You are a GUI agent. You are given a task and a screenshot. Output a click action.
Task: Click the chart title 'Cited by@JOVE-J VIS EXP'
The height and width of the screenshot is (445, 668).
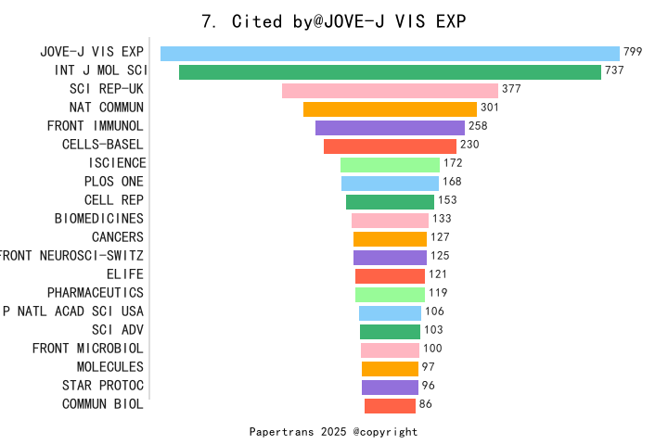click(334, 20)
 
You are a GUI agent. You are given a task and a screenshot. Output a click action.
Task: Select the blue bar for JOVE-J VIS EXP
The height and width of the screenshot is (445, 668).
click(390, 53)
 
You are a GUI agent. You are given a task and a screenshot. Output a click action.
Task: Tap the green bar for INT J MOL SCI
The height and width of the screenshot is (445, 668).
click(390, 71)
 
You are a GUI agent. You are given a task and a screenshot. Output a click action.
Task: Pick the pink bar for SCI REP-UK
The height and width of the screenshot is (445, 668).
click(390, 90)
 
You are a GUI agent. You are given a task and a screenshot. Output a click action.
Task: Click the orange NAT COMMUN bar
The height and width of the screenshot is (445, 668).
click(390, 108)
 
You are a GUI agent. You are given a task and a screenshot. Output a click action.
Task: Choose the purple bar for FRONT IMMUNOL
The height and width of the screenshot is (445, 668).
click(390, 127)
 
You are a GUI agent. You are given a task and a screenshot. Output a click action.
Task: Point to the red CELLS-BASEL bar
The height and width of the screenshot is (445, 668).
click(390, 146)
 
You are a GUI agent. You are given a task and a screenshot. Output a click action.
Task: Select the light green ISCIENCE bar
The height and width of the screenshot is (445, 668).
click(390, 164)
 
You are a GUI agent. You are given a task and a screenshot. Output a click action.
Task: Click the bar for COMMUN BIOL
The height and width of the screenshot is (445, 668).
click(390, 405)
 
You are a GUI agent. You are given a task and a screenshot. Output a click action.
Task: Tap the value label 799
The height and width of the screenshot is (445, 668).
click(633, 53)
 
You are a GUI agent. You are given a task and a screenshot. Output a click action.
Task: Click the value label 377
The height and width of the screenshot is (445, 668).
click(511, 90)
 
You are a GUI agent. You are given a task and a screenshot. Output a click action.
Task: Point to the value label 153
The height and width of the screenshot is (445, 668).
click(447, 200)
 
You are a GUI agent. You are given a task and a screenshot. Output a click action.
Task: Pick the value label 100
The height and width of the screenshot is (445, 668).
click(432, 349)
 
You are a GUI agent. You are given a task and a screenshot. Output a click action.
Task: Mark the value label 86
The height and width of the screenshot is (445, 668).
click(426, 404)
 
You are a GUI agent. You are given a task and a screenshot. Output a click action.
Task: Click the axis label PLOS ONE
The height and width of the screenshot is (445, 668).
click(114, 182)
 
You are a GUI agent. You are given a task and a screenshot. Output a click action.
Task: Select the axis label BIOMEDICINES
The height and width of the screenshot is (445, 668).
click(99, 219)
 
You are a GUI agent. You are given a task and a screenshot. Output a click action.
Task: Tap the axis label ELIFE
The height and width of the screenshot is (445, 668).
click(125, 274)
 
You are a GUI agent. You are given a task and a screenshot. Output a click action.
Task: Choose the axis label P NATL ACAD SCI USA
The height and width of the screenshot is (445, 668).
click(73, 311)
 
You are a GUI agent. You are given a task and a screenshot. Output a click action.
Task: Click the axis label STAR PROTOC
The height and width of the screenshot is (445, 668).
click(103, 386)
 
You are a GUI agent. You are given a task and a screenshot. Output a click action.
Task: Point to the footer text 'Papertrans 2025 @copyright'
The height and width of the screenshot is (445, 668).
click(334, 432)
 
